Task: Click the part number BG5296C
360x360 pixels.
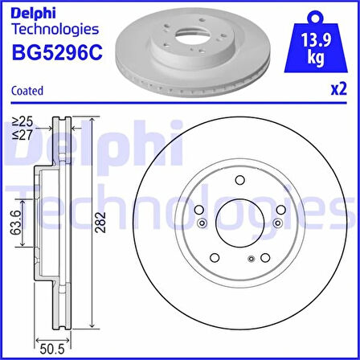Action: (57, 52)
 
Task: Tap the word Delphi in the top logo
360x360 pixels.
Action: (33, 13)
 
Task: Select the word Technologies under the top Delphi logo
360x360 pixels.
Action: (55, 29)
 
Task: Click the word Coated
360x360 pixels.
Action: (27, 91)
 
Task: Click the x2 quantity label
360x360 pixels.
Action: (339, 89)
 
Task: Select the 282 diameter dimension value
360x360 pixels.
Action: (102, 223)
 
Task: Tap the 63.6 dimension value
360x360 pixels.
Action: (16, 223)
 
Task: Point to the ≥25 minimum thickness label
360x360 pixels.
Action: (22, 122)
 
